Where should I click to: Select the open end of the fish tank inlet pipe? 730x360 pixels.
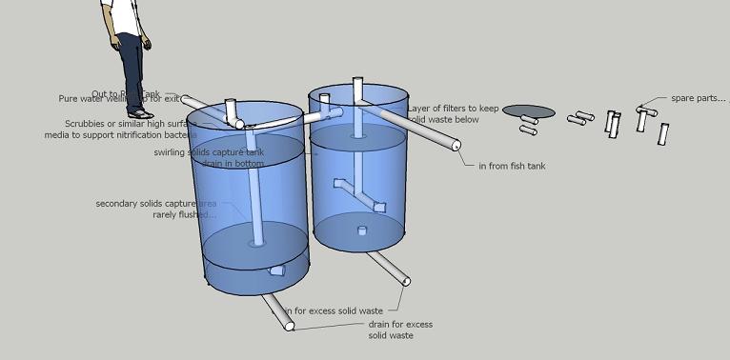[456, 146]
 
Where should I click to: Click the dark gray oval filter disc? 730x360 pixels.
[529, 111]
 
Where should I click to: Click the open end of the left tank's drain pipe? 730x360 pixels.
[288, 327]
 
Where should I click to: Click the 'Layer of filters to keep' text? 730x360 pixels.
[454, 109]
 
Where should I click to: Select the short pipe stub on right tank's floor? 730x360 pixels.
[360, 230]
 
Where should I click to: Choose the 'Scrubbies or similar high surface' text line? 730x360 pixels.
[124, 123]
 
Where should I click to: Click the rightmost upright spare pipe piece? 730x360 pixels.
[663, 133]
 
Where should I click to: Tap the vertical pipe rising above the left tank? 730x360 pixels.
[230, 109]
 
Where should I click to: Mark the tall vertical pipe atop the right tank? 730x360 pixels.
[358, 90]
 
